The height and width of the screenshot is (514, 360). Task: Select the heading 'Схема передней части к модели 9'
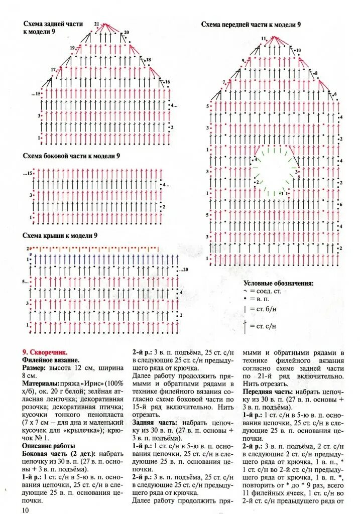[251, 24]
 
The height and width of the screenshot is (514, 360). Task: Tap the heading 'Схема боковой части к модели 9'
[71, 156]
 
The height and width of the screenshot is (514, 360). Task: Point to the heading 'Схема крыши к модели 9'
[60, 235]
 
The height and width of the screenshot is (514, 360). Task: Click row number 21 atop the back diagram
[96, 24]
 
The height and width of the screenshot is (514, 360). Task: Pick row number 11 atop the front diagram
[263, 39]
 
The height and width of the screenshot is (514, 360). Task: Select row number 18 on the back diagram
[149, 60]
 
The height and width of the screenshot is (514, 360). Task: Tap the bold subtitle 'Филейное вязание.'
[50, 360]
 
